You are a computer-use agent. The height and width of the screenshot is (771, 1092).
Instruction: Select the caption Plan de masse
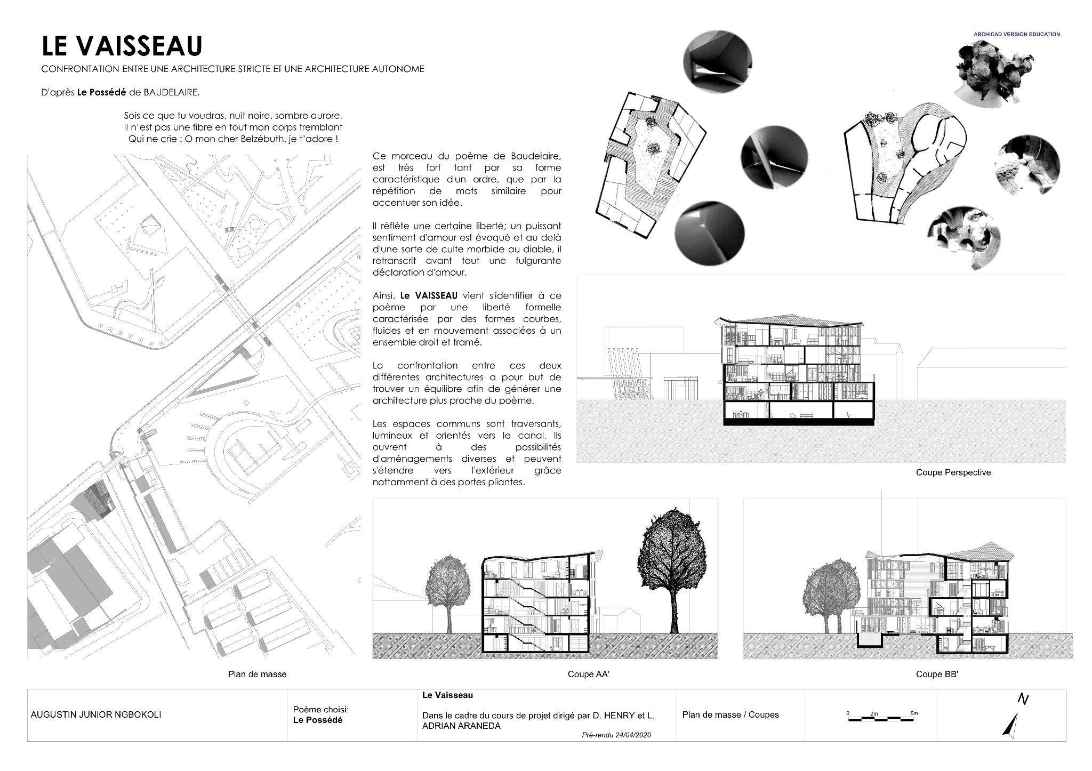pos(257,674)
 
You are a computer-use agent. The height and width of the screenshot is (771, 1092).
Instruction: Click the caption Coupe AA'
pos(588,674)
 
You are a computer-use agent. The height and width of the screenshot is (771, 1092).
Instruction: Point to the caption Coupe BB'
pos(937,674)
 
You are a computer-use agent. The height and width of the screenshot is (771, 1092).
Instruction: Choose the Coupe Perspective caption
pos(953,472)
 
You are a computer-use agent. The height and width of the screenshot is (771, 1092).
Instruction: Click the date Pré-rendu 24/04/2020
pos(616,735)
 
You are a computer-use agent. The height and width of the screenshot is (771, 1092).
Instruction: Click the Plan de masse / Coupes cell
pos(730,714)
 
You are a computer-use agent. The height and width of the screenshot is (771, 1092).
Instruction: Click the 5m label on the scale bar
pos(914,713)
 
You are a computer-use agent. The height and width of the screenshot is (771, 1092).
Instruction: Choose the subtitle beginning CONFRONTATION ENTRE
pos(232,69)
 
